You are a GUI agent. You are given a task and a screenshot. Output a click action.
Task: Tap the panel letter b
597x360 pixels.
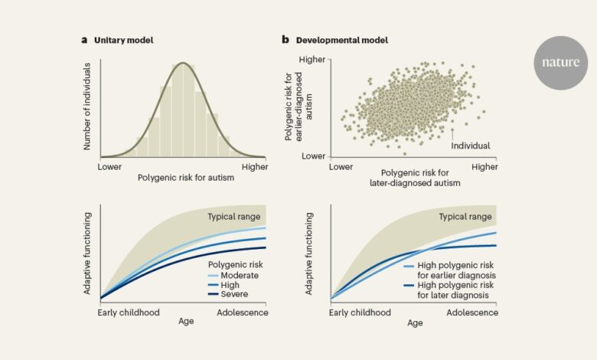click(285, 39)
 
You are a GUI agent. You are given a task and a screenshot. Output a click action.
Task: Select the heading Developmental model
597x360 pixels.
click(333, 39)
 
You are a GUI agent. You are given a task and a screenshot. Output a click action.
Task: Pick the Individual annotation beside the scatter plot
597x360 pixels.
click(471, 145)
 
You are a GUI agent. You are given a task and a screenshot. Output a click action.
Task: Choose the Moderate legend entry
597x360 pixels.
click(240, 274)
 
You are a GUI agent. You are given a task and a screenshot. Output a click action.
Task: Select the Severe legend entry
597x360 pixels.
click(234, 294)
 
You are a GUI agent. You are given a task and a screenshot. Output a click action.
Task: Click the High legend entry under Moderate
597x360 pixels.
click(230, 284)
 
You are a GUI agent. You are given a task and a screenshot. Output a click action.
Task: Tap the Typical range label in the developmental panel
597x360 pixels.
click(465, 217)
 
